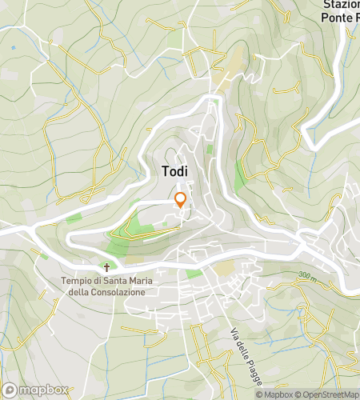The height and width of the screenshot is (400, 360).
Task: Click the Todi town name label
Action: click(176, 170)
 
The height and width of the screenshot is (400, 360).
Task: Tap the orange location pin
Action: click(181, 200)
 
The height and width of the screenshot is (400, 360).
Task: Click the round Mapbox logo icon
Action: click(10, 390)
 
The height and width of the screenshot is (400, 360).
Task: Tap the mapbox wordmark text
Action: click(44, 390)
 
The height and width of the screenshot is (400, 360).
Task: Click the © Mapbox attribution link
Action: click(274, 394)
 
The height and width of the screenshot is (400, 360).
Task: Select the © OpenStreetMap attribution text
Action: click(328, 394)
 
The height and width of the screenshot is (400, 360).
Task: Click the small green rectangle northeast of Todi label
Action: click(210, 149)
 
